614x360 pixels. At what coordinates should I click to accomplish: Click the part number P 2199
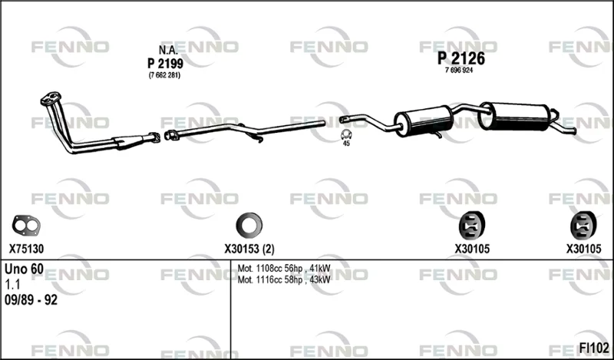pos(165,63)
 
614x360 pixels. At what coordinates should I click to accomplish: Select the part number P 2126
pos(461,58)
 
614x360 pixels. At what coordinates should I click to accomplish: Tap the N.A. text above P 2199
pos(168,50)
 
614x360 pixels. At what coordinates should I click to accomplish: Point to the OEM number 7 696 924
pos(459,71)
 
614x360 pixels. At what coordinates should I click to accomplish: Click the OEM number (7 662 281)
pos(164,75)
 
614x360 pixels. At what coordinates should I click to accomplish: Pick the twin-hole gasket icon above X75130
pos(26,225)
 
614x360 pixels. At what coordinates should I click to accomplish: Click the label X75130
pos(26,249)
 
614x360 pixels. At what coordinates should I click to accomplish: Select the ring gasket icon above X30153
pos(249,225)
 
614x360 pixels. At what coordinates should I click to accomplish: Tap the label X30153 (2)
pos(249,249)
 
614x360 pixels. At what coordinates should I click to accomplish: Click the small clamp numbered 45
pos(346,134)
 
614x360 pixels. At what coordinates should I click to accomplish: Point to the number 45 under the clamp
pos(346,144)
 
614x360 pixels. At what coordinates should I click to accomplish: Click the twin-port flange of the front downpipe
pos(51,98)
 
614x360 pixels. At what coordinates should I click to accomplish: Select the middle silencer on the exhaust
pos(424,121)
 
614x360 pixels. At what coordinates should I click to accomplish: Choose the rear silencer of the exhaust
pos(514,117)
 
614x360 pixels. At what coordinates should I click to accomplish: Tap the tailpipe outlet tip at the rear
pos(574,131)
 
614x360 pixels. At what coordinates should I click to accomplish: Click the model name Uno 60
pos(24,269)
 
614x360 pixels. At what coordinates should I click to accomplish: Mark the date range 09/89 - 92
pos(31,300)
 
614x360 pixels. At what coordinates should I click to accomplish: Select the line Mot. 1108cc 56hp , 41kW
pos(284,269)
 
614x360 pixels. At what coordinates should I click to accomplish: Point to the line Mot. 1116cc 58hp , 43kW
pos(284,279)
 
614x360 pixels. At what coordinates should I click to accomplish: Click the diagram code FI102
pos(594,348)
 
